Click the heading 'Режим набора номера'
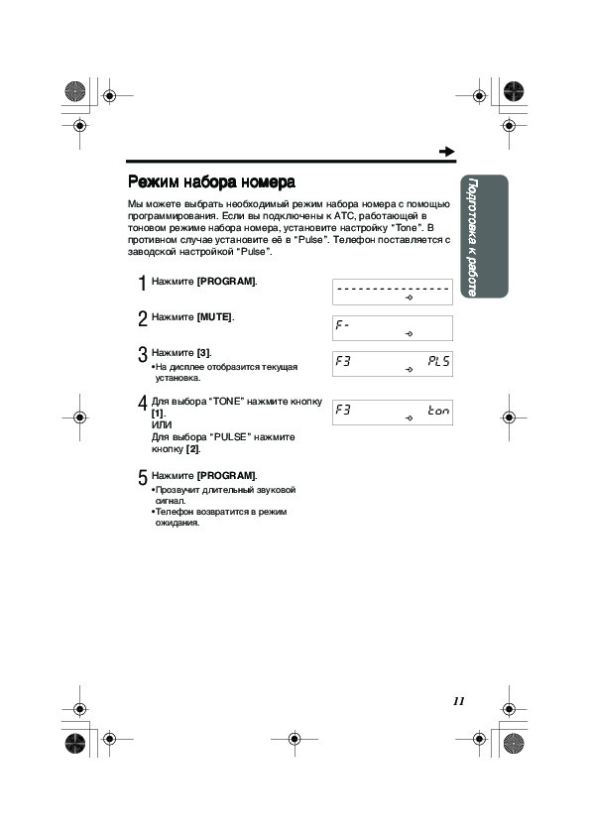coord(211,182)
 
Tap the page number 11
coord(459,701)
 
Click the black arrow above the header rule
coord(447,152)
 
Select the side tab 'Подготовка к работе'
coord(472,236)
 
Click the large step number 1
coord(142,284)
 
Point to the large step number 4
coord(142,404)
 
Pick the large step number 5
coord(142,478)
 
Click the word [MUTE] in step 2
coord(214,317)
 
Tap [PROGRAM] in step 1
coord(226,282)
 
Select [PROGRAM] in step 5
coord(226,476)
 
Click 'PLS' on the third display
coord(438,362)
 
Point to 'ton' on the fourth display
coord(438,410)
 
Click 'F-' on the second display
coord(342,323)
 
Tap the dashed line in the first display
coord(393,289)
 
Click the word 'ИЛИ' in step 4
coord(162,425)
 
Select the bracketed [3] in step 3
coord(203,353)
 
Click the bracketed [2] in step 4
coord(192,449)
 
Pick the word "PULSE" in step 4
coord(230,437)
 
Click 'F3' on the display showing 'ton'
coord(343,410)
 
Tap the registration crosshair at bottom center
coord(295,739)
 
